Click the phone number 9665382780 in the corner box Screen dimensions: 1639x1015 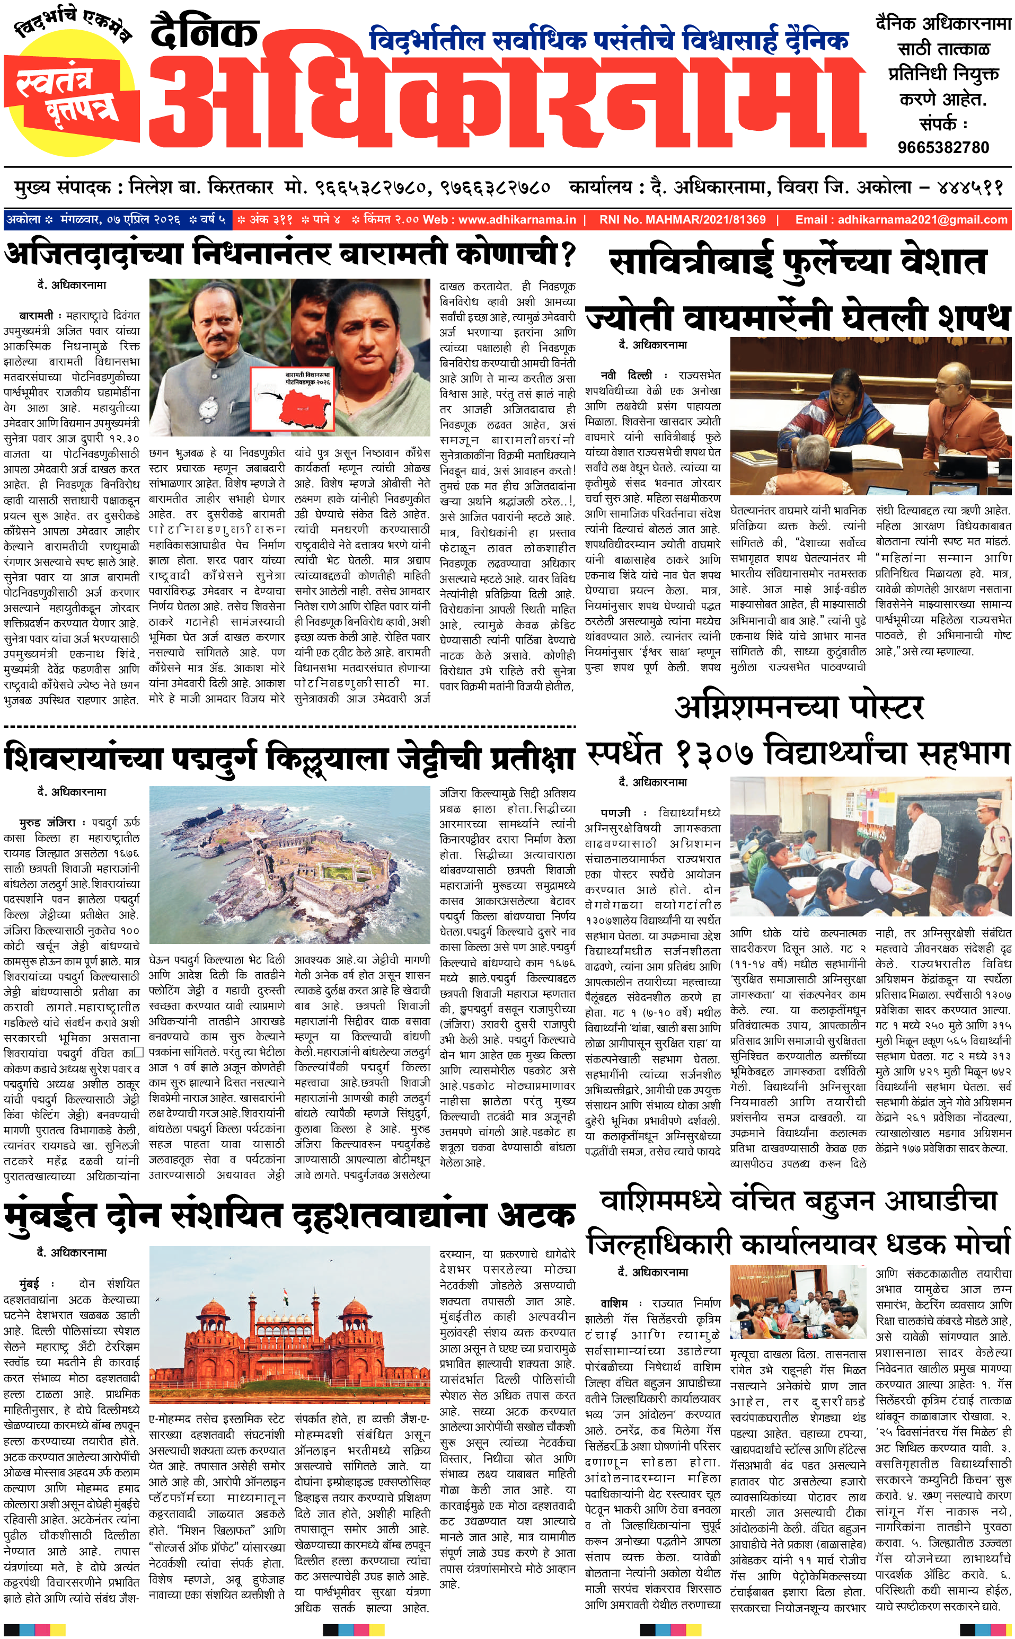(943, 147)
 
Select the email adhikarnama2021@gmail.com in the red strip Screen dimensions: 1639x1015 (902, 219)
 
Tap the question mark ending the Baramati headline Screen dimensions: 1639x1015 (568, 254)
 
